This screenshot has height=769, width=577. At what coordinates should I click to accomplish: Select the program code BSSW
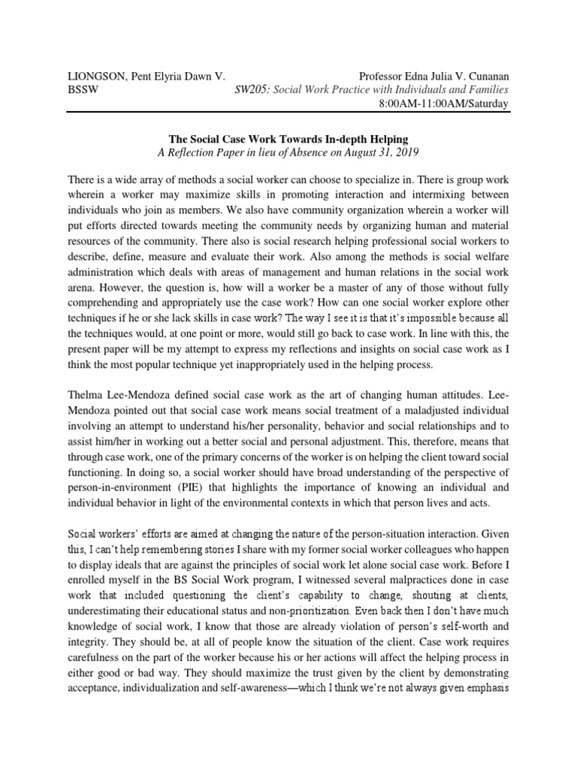click(83, 89)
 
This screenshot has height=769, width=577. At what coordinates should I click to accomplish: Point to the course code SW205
click(252, 89)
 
